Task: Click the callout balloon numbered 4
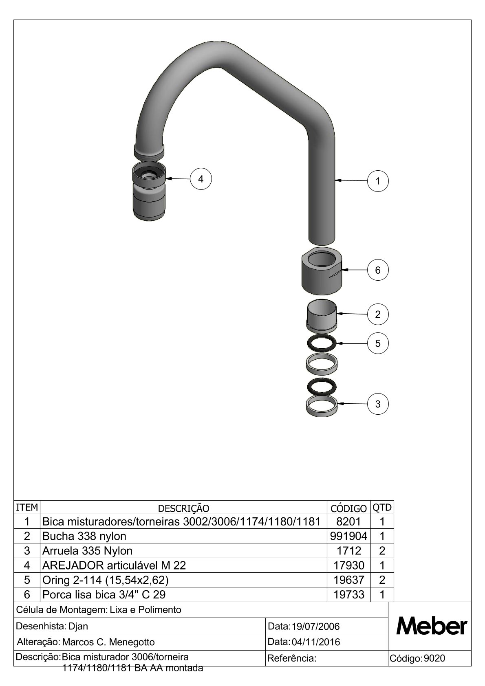tap(201, 179)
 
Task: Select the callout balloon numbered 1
tap(378, 181)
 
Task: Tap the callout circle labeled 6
tap(378, 270)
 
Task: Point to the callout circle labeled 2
tap(378, 314)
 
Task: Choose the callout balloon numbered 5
tap(378, 343)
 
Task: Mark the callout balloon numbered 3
tap(378, 404)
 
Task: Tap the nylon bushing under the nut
tap(322, 316)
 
